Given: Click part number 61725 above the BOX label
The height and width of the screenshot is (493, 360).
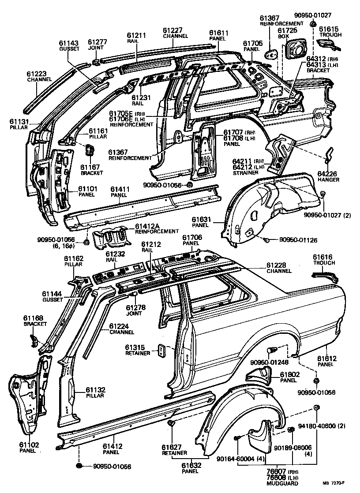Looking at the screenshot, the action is [287, 30].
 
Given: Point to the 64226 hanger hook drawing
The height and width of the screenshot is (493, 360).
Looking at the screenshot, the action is [329, 156].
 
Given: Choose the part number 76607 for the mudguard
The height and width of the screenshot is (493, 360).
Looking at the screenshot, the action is [277, 471].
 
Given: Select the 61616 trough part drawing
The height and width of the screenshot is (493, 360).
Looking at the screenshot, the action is [325, 276].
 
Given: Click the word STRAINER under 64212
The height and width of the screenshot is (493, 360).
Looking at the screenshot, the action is [245, 172].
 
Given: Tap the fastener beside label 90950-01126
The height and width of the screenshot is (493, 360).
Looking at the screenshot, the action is [266, 240].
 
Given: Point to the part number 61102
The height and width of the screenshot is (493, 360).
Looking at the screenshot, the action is [29, 444].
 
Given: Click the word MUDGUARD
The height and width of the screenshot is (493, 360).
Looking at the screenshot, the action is [282, 483].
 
